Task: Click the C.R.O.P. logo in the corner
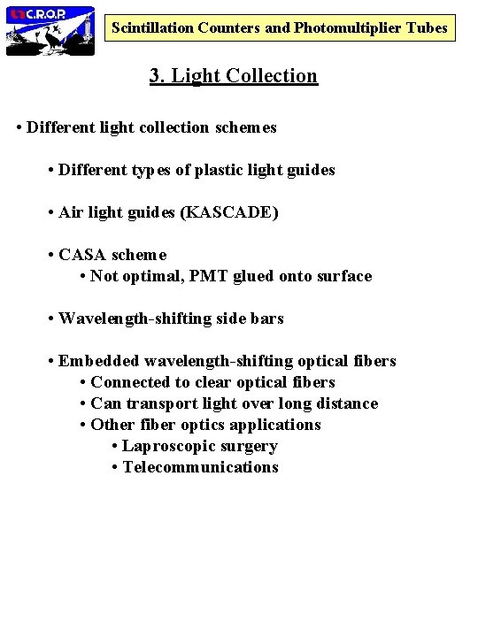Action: pos(50,30)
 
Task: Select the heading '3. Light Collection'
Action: pos(234,76)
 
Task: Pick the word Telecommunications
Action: pos(201,467)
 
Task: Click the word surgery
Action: pos(250,446)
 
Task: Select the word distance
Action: pos(345,403)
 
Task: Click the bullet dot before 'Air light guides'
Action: pos(52,212)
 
